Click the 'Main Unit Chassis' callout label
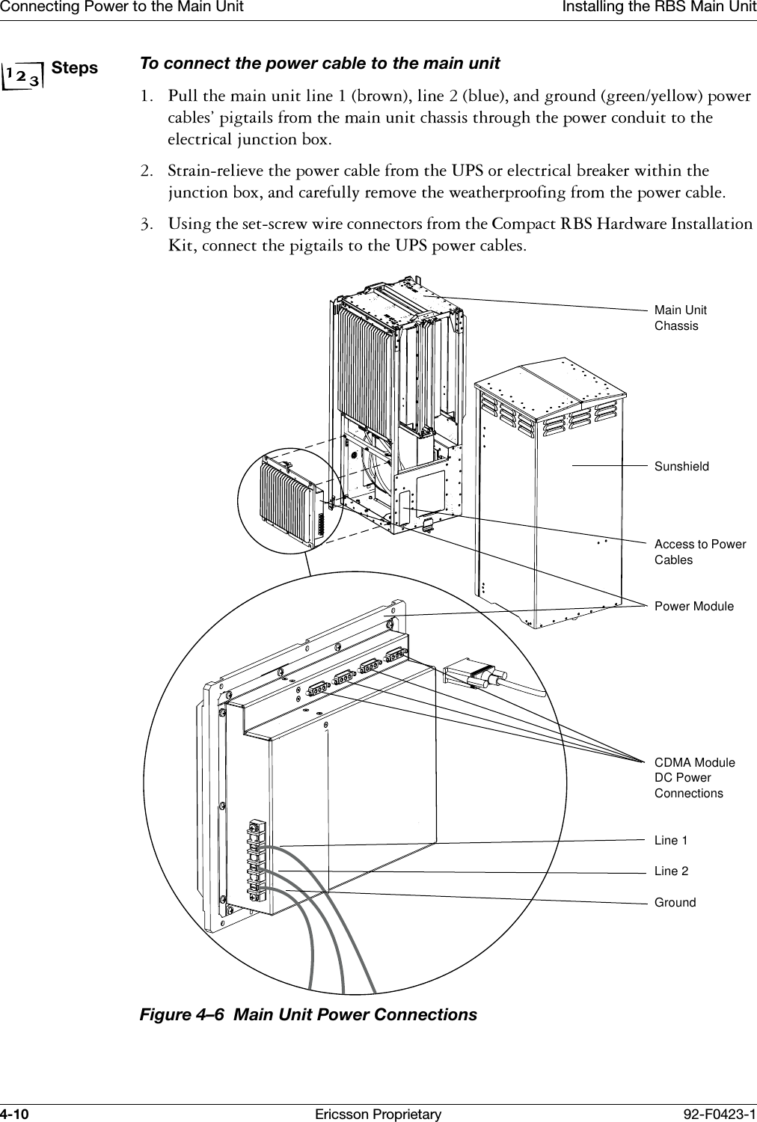coord(680,318)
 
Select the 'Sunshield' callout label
coord(681,466)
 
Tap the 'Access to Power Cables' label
coord(699,552)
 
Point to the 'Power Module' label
coord(693,606)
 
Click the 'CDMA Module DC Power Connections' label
coord(694,778)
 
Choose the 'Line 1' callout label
coord(671,841)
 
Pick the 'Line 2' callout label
coord(671,871)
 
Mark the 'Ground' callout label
coord(675,903)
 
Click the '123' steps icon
coord(25,76)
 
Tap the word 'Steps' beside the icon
coord(76,68)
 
